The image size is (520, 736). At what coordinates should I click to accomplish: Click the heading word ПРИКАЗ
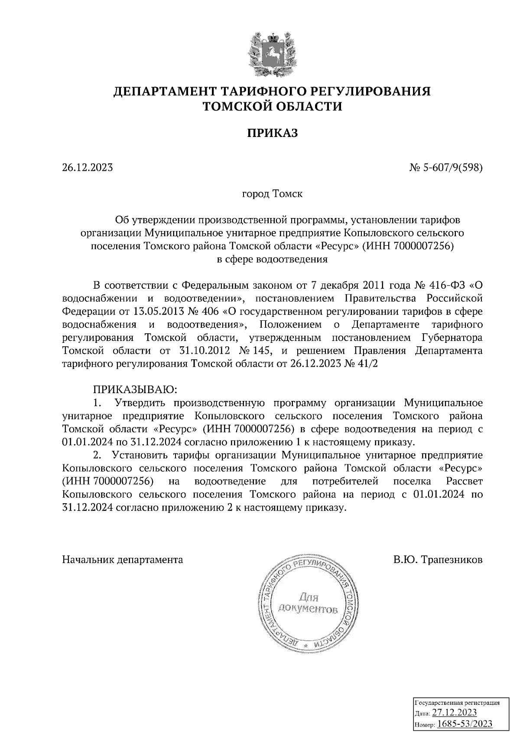click(273, 133)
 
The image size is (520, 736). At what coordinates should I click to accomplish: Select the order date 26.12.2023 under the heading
click(88, 167)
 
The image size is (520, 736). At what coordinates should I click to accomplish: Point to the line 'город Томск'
click(272, 193)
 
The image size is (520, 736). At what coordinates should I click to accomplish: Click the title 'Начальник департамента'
click(123, 559)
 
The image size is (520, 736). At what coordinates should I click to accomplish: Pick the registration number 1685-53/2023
click(465, 723)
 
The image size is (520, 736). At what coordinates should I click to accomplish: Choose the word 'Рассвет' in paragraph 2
click(464, 481)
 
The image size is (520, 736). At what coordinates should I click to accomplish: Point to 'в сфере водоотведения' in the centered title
click(272, 259)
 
